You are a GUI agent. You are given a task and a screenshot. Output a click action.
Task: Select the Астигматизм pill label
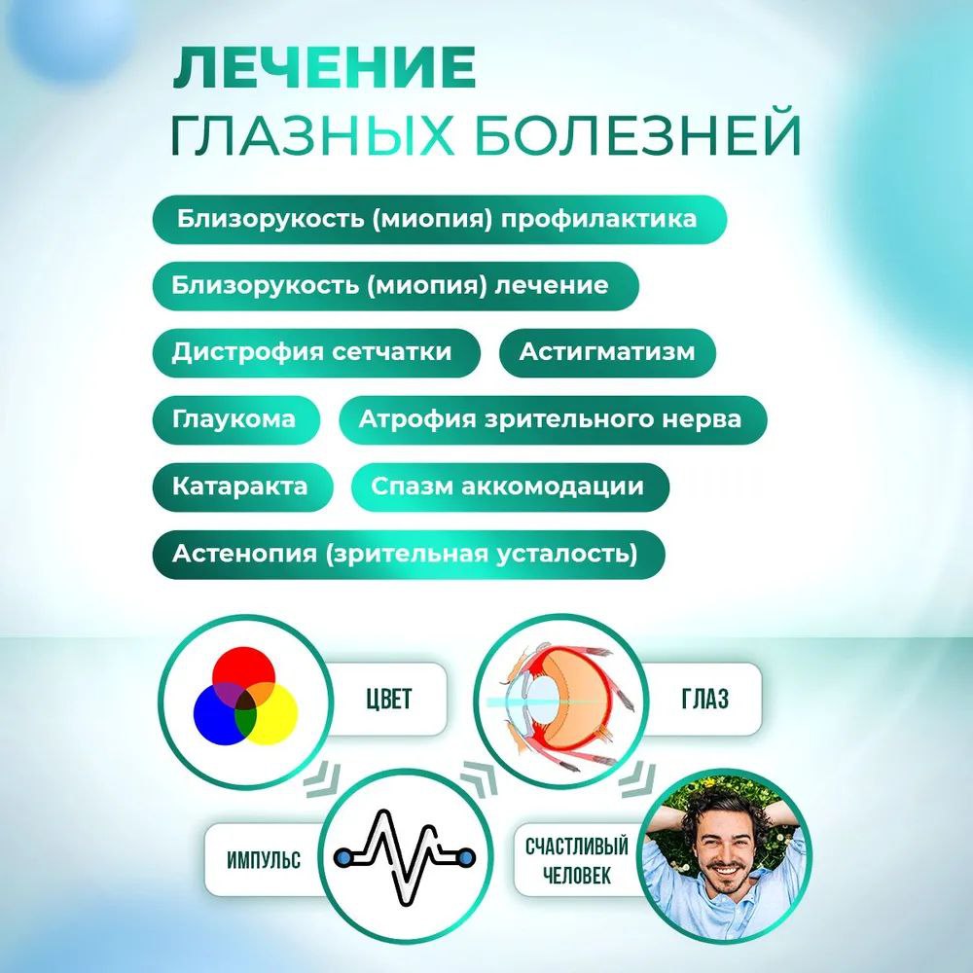tap(607, 352)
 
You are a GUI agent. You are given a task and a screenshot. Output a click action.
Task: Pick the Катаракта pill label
tap(240, 486)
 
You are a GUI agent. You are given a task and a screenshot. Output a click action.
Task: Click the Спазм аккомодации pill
tap(507, 486)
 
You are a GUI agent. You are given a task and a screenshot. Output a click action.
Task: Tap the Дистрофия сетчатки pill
tap(312, 352)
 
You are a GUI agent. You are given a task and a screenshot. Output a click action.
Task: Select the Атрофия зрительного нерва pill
tap(550, 419)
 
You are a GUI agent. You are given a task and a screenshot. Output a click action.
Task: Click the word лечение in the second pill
tap(552, 285)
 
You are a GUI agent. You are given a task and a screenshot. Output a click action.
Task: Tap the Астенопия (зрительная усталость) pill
tap(406, 554)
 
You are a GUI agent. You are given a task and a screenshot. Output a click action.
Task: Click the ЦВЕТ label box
tap(386, 700)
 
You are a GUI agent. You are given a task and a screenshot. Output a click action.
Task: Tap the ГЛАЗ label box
tap(705, 700)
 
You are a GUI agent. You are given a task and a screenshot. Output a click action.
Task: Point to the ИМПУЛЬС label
tap(263, 860)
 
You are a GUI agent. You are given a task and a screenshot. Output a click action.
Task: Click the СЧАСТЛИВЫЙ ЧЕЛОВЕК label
tap(577, 860)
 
